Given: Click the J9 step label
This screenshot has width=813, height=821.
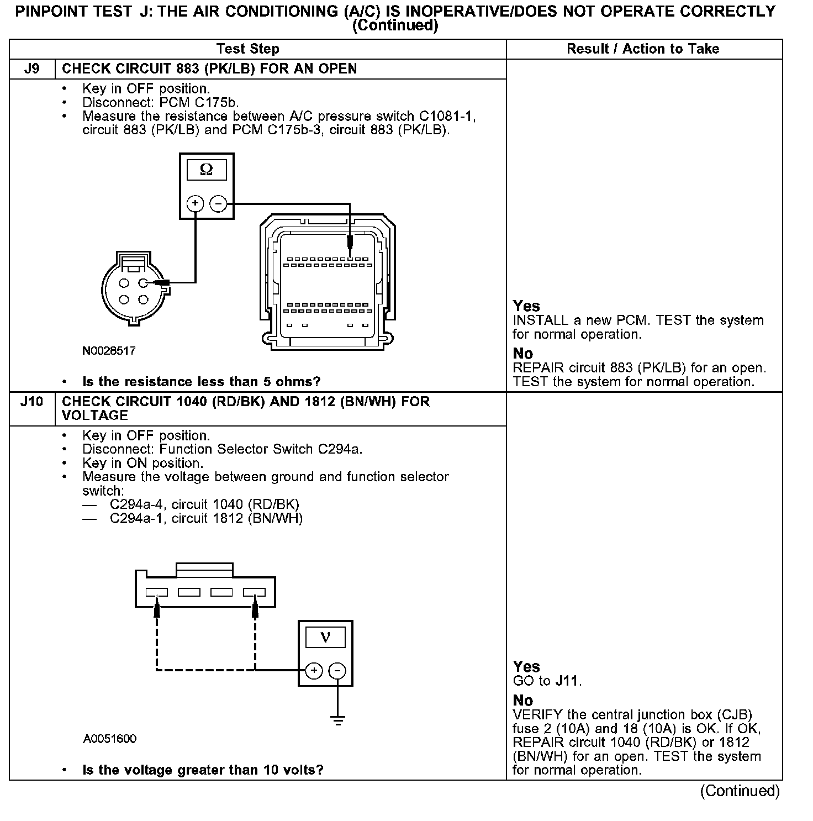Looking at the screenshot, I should pyautogui.click(x=32, y=69).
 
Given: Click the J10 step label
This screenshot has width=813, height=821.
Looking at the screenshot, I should pyautogui.click(x=32, y=402).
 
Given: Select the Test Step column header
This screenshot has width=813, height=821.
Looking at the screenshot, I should pyautogui.click(x=248, y=49).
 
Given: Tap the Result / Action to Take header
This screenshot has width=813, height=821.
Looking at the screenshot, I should pyautogui.click(x=643, y=49).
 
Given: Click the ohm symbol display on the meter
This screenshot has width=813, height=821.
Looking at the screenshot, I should pyautogui.click(x=206, y=170).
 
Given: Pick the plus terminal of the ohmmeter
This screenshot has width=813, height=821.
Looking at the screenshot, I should pyautogui.click(x=195, y=204).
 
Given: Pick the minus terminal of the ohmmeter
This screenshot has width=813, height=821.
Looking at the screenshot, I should pyautogui.click(x=218, y=204).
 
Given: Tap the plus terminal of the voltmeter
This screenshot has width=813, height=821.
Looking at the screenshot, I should pyautogui.click(x=314, y=671).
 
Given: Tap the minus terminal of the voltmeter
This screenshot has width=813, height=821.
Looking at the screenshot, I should pyautogui.click(x=337, y=671).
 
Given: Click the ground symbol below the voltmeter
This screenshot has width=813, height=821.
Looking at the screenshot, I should pyautogui.click(x=337, y=720).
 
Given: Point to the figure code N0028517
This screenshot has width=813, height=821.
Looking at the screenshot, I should pyautogui.click(x=109, y=351).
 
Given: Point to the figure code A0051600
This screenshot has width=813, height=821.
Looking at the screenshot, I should pyautogui.click(x=110, y=739).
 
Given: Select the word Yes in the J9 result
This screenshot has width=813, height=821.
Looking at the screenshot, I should pyautogui.click(x=526, y=306).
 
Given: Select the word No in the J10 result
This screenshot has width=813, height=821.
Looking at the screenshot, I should pyautogui.click(x=523, y=701).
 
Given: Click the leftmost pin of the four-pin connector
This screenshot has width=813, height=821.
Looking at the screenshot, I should pyautogui.click(x=157, y=592).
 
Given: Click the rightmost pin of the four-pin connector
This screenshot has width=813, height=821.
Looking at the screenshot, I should pyautogui.click(x=255, y=592).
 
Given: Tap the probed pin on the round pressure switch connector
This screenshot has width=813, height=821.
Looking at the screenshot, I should pyautogui.click(x=144, y=283).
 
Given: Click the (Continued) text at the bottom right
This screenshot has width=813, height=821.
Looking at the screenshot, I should pyautogui.click(x=740, y=791).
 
